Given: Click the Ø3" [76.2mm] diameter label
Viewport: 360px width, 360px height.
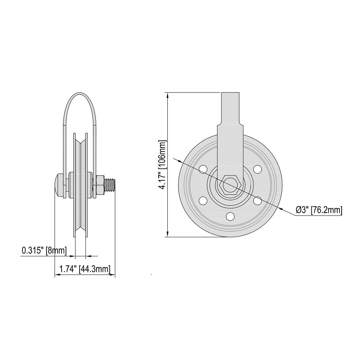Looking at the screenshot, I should [x=318, y=210].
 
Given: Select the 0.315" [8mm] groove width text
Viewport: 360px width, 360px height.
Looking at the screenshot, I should [x=44, y=251].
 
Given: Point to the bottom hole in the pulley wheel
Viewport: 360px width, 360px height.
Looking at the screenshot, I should [x=229, y=216].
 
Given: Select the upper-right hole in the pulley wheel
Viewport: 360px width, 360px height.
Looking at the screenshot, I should [x=257, y=168].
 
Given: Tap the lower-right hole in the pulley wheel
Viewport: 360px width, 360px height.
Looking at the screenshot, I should [x=257, y=200].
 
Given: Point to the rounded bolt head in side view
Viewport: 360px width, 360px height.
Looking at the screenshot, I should [x=57, y=185].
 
